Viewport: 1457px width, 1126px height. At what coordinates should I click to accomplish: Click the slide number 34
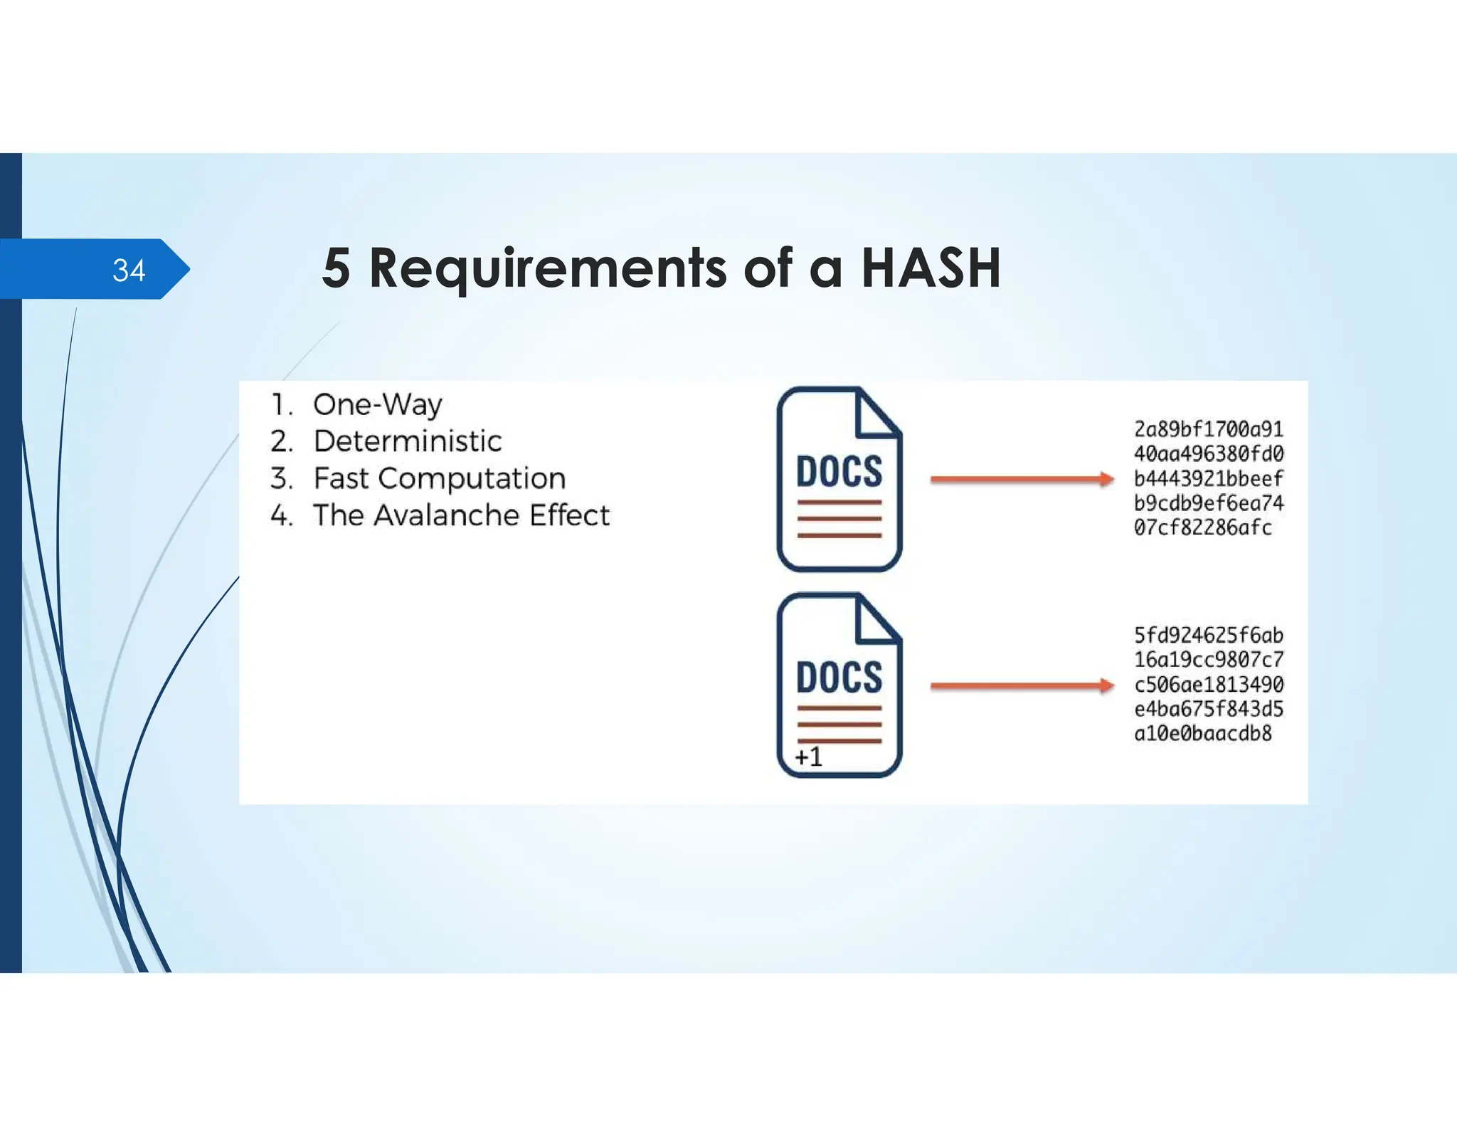pyautogui.click(x=129, y=270)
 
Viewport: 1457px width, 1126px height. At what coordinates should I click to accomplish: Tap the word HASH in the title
pyautogui.click(x=931, y=268)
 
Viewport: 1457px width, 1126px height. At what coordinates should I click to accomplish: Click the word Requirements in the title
pyautogui.click(x=547, y=268)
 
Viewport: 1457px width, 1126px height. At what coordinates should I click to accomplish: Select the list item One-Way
pyautogui.click(x=377, y=404)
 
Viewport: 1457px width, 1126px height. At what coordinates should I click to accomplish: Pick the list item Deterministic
pyautogui.click(x=407, y=441)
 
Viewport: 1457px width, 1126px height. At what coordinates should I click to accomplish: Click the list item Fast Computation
pyautogui.click(x=439, y=478)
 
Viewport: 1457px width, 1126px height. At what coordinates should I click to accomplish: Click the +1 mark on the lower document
pyautogui.click(x=809, y=757)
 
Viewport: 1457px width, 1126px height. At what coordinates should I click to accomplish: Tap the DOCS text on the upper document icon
pyautogui.click(x=839, y=471)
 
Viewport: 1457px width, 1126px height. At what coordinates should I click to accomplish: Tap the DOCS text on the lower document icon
pyautogui.click(x=839, y=677)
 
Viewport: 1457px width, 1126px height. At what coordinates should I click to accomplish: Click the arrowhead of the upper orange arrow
pyautogui.click(x=1106, y=479)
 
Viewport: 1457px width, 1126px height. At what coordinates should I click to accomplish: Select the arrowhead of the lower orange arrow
pyautogui.click(x=1106, y=685)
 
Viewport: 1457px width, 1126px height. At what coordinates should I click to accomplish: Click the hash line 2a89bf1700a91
pyautogui.click(x=1208, y=429)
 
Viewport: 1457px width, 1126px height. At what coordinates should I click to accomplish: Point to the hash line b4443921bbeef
pyautogui.click(x=1208, y=478)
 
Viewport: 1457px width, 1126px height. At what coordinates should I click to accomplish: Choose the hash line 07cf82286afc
pyautogui.click(x=1202, y=527)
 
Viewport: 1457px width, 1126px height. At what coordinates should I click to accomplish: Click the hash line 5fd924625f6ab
pyautogui.click(x=1208, y=635)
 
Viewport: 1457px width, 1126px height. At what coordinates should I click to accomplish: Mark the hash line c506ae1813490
pyautogui.click(x=1208, y=684)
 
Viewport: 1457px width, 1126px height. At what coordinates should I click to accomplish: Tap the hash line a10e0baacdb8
pyautogui.click(x=1202, y=733)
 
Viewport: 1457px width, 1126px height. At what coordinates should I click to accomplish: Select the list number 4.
pyautogui.click(x=281, y=515)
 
